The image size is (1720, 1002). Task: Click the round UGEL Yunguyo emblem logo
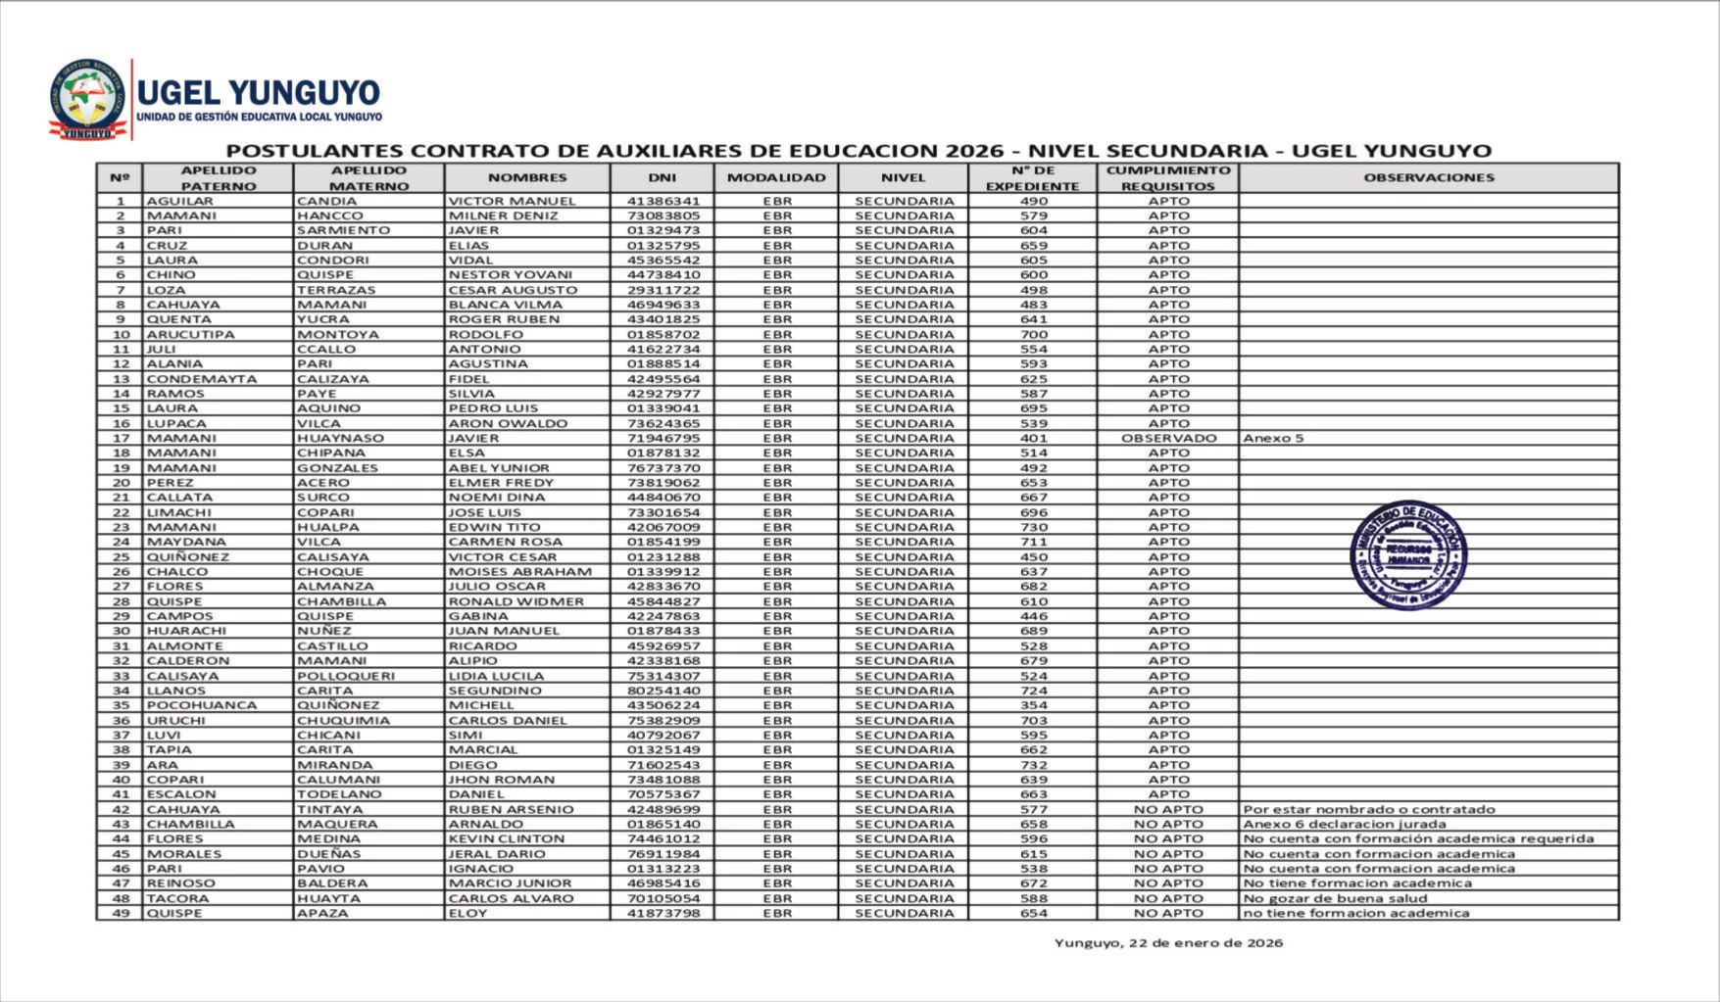pyautogui.click(x=88, y=98)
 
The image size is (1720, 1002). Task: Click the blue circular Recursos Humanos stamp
pyautogui.click(x=1408, y=555)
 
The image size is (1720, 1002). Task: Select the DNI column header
pyautogui.click(x=662, y=178)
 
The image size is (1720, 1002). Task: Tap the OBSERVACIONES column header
pyautogui.click(x=1428, y=178)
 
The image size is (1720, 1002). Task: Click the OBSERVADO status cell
pyautogui.click(x=1168, y=439)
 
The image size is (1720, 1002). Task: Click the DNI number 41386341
pyautogui.click(x=663, y=201)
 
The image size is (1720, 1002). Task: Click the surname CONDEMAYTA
pyautogui.click(x=202, y=379)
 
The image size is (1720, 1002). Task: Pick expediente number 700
pyautogui.click(x=1033, y=335)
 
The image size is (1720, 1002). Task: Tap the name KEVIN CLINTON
pyautogui.click(x=506, y=839)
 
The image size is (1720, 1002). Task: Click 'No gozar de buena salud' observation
pyautogui.click(x=1335, y=899)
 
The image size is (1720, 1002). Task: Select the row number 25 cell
pyautogui.click(x=121, y=557)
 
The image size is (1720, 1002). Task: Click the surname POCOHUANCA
pyautogui.click(x=202, y=706)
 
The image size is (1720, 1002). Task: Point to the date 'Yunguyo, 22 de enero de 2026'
pyautogui.click(x=1168, y=943)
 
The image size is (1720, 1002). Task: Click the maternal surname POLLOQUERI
pyautogui.click(x=346, y=676)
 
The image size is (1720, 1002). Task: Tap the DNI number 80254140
pyautogui.click(x=663, y=692)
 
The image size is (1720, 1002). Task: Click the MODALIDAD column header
pyautogui.click(x=776, y=178)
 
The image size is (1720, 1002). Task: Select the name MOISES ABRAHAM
pyautogui.click(x=519, y=572)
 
